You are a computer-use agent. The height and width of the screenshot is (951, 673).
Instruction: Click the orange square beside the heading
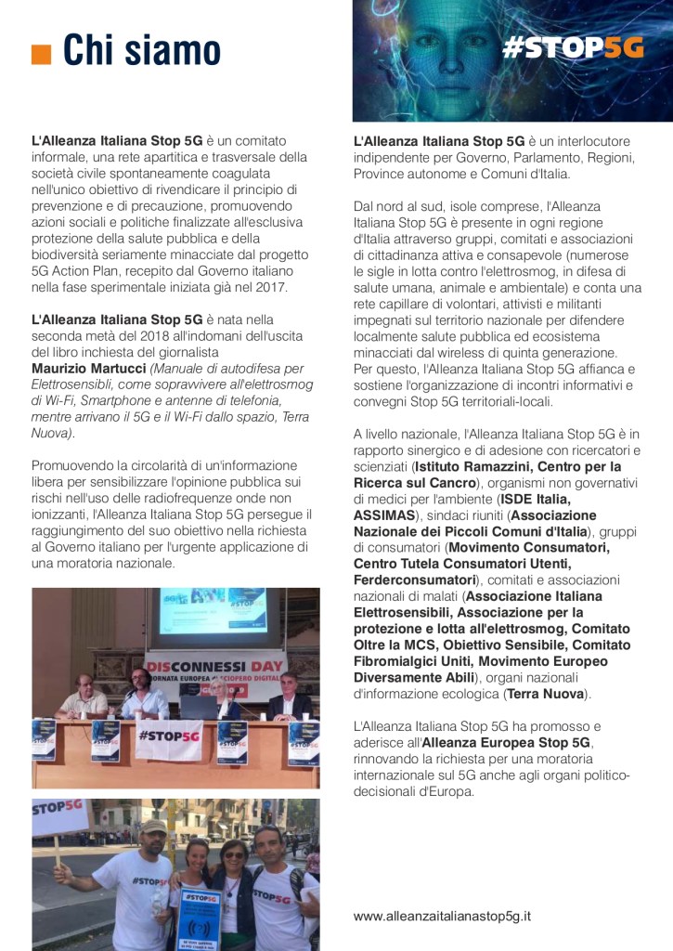pyautogui.click(x=40, y=54)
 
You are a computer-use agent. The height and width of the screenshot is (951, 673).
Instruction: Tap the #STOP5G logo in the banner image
pyautogui.click(x=572, y=47)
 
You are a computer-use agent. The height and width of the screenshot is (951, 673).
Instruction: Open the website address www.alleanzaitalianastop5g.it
pyautogui.click(x=442, y=916)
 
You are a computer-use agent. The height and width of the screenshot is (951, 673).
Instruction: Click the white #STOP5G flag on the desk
pyautogui.click(x=169, y=736)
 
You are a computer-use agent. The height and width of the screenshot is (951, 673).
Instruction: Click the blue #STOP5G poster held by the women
pyautogui.click(x=200, y=920)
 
